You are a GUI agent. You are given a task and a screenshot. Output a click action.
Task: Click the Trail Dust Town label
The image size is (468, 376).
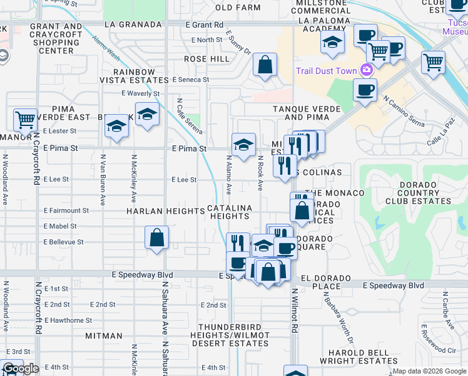[x=326, y=71]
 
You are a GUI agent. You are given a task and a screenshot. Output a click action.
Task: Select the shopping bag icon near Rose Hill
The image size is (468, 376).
[x=265, y=65]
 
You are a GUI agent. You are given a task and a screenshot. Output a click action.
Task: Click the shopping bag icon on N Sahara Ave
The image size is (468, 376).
[x=156, y=238]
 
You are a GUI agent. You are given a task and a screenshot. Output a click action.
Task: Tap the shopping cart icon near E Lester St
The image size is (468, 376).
[x=24, y=119]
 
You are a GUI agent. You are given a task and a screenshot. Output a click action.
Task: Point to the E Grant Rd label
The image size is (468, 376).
[x=205, y=24]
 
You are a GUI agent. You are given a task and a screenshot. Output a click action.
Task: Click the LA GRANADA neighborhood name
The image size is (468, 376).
[x=133, y=24]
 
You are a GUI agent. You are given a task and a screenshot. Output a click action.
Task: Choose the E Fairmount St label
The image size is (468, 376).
[x=66, y=211]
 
